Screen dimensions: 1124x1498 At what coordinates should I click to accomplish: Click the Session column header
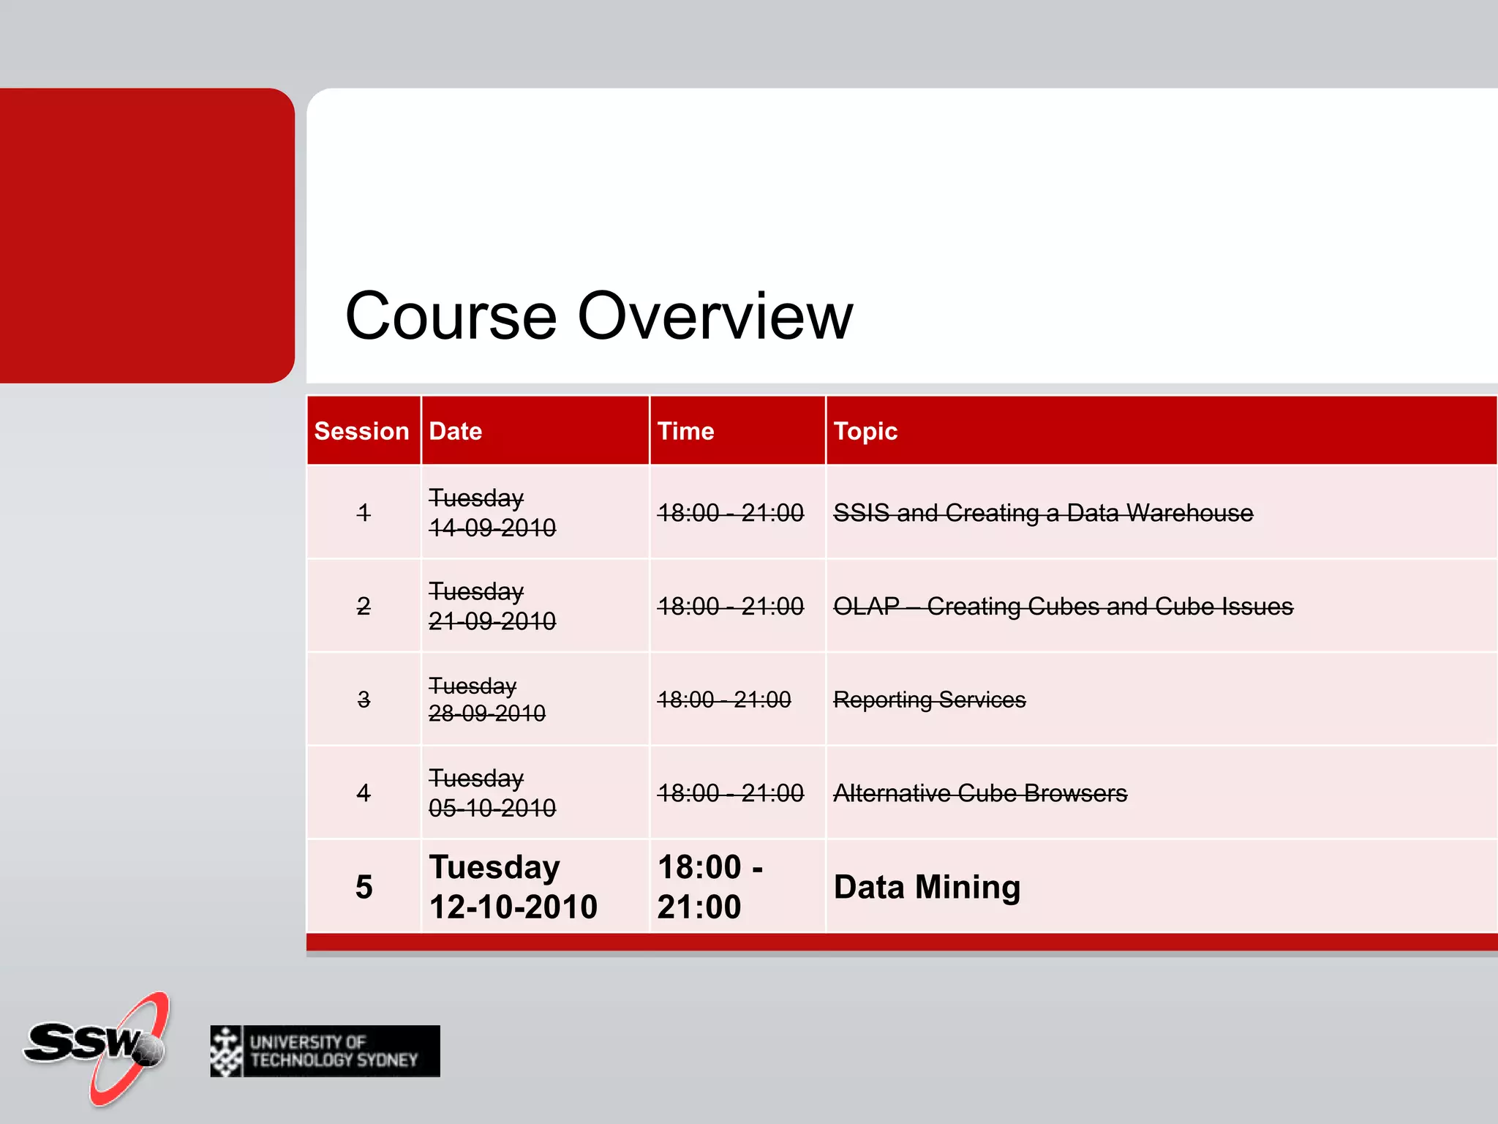(x=361, y=431)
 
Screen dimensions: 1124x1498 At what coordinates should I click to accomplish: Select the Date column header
(x=455, y=431)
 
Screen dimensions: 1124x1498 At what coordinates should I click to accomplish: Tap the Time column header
(x=685, y=431)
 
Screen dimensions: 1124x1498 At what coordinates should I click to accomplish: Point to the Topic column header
(x=865, y=431)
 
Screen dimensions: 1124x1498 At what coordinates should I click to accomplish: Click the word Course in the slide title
(x=451, y=316)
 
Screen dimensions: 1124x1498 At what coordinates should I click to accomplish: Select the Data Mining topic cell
(x=927, y=887)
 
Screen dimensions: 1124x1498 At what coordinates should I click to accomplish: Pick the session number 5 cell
(x=364, y=887)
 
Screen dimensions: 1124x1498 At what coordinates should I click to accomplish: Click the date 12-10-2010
(x=513, y=907)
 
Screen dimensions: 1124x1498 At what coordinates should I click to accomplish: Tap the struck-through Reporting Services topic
(x=929, y=700)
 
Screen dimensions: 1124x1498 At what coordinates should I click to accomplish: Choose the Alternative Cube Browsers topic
(x=979, y=793)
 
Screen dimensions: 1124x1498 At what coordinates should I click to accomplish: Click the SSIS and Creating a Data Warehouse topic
(x=1042, y=513)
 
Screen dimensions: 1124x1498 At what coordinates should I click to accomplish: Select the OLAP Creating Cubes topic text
(x=1062, y=607)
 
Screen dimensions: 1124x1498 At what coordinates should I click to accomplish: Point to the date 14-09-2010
(x=492, y=528)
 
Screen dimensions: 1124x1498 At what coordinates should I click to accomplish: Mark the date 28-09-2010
(x=486, y=713)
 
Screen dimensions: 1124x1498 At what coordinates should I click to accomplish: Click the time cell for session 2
(x=729, y=607)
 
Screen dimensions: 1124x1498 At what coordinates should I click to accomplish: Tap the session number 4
(x=364, y=793)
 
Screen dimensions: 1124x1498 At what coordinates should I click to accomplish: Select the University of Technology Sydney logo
(x=325, y=1051)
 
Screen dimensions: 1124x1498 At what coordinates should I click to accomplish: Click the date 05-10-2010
(x=492, y=808)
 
